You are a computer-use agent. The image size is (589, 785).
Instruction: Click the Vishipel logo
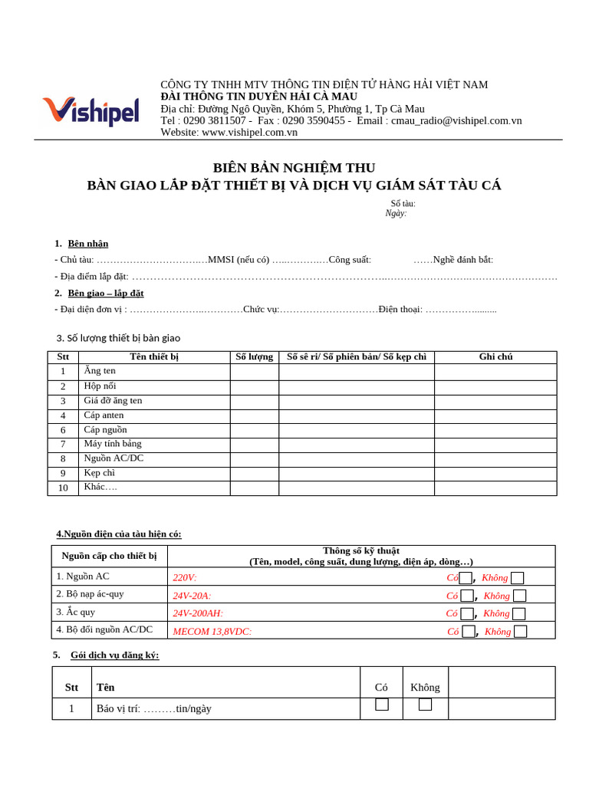tap(90, 110)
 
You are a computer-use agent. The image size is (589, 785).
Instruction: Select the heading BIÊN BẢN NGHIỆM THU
tap(294, 168)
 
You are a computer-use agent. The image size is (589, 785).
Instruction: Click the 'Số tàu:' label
tap(403, 204)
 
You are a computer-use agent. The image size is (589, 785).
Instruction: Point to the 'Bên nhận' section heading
tap(88, 244)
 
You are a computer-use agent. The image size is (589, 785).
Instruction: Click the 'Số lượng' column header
tap(254, 357)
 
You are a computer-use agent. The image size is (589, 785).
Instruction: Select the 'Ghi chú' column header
tap(495, 357)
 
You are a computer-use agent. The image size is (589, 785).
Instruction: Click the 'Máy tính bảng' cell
tap(113, 444)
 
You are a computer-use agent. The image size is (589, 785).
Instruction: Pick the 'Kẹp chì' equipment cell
tap(100, 473)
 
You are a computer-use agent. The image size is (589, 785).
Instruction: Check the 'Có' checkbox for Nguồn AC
tap(466, 578)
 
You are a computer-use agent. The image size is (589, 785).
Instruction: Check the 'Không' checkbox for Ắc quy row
tap(519, 613)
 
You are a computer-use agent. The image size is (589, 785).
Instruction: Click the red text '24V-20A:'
tap(192, 596)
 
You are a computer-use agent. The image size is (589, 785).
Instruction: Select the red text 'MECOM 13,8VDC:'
tap(212, 632)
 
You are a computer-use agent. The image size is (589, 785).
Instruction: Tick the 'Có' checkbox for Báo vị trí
tap(382, 705)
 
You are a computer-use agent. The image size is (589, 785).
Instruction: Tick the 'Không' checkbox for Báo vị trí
tap(425, 705)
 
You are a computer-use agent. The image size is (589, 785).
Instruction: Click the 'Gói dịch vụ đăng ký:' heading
tap(114, 655)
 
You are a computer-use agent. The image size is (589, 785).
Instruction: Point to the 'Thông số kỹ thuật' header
tap(361, 550)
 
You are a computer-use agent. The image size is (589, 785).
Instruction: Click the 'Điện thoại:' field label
tap(400, 310)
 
